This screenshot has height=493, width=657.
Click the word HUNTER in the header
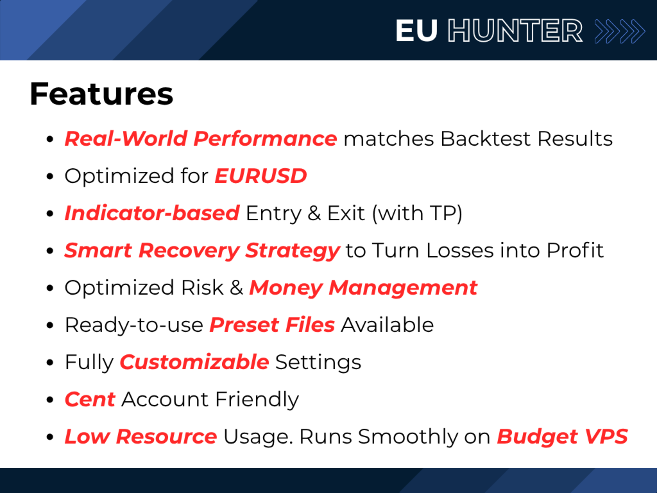point(515,31)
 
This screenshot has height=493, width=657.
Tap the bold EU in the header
point(416,31)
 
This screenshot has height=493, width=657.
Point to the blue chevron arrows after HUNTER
point(620,31)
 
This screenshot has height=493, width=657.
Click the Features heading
point(101,94)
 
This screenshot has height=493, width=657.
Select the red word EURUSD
point(260,176)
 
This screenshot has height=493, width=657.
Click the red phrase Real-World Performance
point(201,139)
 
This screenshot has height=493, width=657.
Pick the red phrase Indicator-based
point(152,213)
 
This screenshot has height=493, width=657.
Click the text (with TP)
point(417,213)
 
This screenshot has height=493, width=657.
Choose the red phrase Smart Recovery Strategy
point(202,251)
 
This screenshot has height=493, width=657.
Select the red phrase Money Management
point(363,288)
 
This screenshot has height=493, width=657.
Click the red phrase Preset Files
point(272,325)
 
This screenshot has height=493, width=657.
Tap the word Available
point(387,325)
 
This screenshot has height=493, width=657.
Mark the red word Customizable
point(194,362)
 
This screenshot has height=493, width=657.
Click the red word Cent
point(90,399)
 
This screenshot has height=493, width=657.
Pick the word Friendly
point(257,399)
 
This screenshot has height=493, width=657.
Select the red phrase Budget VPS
point(562,437)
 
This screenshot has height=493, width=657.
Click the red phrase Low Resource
point(141,437)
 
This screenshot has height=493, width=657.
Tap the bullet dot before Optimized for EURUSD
point(50,177)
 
